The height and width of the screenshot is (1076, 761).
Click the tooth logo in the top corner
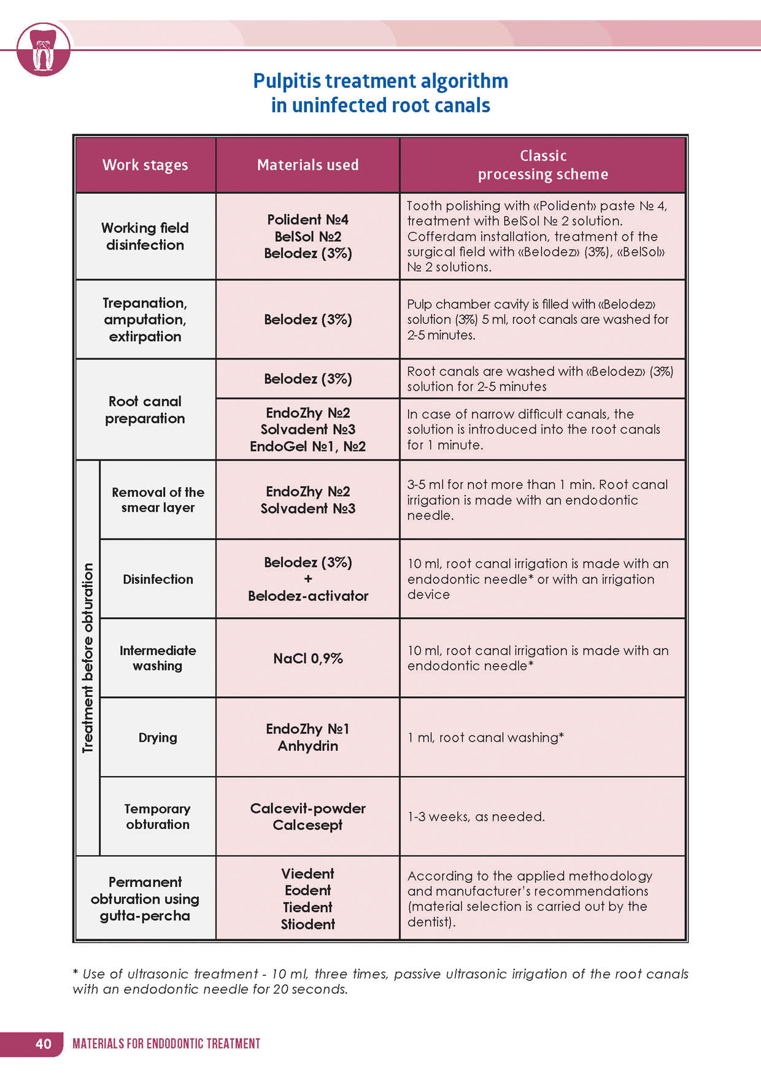coord(43,50)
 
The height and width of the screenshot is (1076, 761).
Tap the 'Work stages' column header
coord(145,165)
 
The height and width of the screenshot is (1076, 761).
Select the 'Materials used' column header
coord(307,165)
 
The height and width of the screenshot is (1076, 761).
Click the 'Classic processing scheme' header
coord(543,165)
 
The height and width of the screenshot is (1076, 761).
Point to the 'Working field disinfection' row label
coord(145,236)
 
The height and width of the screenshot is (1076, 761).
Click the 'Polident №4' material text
coord(307,220)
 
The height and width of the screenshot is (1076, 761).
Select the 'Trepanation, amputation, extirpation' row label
coord(145,320)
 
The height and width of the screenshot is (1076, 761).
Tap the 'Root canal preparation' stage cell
coord(145,410)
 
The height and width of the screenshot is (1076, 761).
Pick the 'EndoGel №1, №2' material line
coord(307,447)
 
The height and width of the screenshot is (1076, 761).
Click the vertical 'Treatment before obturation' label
coord(88,658)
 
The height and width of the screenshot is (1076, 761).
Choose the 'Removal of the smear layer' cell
coord(158,500)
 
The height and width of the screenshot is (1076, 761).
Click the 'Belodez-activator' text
coord(307,596)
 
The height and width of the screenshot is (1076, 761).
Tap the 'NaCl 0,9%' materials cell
coord(307,658)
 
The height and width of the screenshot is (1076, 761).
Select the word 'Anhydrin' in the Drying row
coord(307,746)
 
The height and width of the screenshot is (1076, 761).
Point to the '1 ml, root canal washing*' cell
coord(485,737)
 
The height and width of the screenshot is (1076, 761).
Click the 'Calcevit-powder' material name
coord(307,809)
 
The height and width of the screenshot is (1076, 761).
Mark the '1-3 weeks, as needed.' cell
coord(476,817)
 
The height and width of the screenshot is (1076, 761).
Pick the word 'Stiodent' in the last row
coord(307,924)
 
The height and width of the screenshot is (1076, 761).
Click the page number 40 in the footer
coord(44,1043)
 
